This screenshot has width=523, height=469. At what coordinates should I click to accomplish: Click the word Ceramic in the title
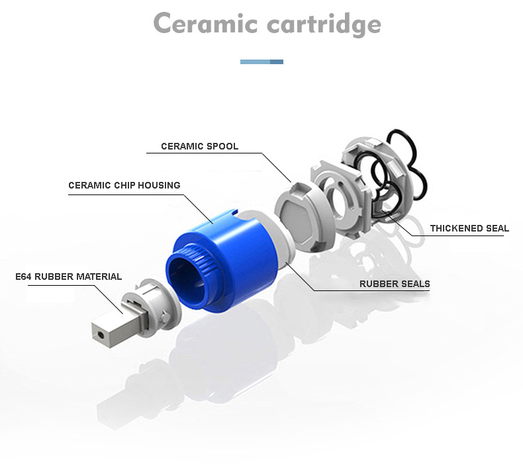[x=205, y=23]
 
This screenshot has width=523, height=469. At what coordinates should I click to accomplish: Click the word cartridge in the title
[x=324, y=24]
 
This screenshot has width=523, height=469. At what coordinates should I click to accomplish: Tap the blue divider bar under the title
[x=262, y=62]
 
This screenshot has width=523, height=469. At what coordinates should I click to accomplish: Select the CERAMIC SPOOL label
[x=199, y=146]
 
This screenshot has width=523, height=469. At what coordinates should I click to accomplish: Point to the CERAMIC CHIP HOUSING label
[x=124, y=185]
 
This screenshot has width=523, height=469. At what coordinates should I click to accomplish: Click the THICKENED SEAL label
[x=469, y=228]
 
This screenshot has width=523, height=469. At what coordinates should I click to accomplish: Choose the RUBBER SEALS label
[x=395, y=284]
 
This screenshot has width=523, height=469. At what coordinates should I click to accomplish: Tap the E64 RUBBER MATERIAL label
[x=69, y=277]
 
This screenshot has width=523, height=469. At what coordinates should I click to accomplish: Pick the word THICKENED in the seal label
[x=457, y=228]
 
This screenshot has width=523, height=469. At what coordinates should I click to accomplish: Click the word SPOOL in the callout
[x=222, y=146]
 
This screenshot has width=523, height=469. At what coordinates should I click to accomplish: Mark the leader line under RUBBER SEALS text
[x=372, y=290]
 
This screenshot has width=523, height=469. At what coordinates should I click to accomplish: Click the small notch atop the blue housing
[x=235, y=211]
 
